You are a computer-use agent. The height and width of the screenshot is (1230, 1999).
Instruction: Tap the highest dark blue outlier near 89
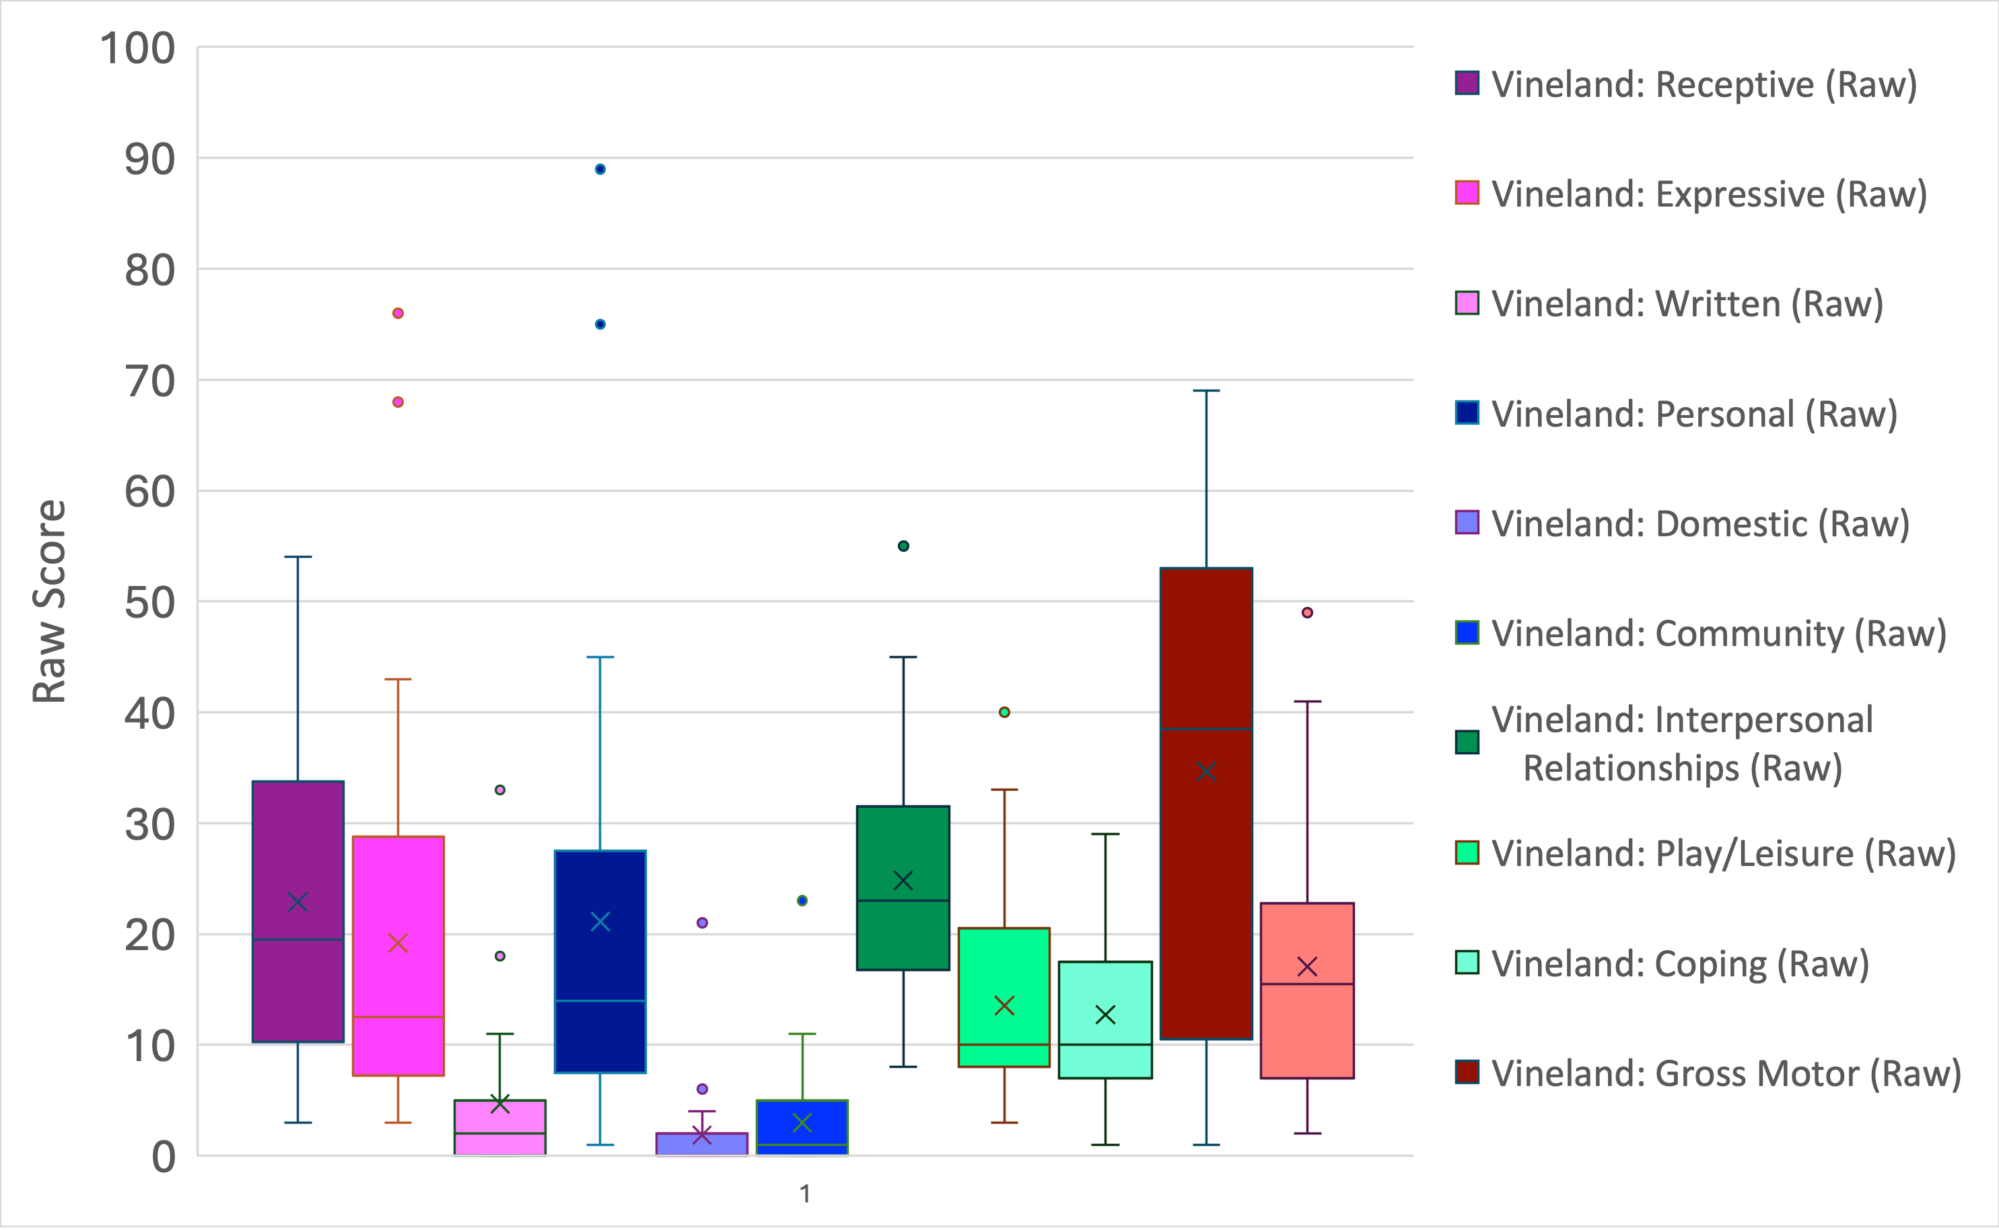point(600,169)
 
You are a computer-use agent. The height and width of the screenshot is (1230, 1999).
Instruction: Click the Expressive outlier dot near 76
point(398,313)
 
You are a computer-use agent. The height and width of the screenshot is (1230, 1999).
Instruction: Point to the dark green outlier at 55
point(903,546)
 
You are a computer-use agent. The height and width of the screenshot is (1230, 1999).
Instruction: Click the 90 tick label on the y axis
point(149,159)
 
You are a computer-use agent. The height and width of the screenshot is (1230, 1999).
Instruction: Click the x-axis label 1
point(804,1194)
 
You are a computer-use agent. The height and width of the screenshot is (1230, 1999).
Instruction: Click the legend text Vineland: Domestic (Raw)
point(1700,524)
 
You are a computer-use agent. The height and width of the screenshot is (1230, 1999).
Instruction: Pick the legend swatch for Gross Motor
point(1467,1072)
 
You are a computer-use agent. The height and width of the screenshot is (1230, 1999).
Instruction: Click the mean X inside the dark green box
point(903,880)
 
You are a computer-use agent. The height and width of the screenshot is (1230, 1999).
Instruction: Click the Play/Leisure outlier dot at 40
point(1005,712)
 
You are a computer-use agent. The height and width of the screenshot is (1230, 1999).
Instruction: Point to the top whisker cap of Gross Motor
point(1205,390)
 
